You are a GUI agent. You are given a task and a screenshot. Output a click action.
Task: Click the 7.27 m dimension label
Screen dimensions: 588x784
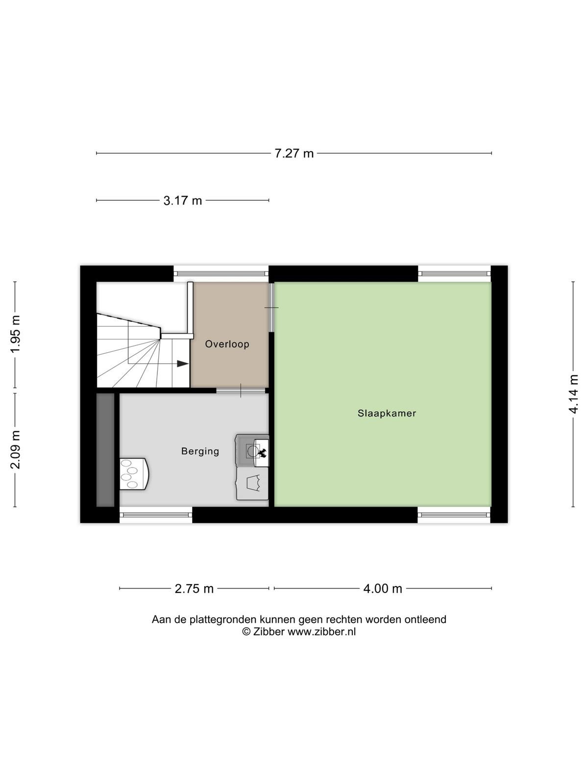[294, 153]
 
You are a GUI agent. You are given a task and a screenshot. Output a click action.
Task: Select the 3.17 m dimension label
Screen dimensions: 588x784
[182, 201]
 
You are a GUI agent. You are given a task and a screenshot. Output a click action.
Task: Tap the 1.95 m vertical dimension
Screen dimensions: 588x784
[15, 334]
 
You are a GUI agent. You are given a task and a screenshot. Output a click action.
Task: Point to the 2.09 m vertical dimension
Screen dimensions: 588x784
[15, 449]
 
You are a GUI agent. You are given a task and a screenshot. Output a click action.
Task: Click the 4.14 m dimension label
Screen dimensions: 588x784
[573, 394]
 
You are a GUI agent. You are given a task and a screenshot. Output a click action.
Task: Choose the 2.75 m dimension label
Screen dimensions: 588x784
[194, 588]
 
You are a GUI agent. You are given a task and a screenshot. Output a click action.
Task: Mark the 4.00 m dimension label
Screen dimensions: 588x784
[383, 588]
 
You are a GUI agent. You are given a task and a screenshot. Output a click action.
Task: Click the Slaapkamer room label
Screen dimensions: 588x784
[387, 413]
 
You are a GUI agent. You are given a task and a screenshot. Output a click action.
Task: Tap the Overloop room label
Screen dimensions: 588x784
[227, 344]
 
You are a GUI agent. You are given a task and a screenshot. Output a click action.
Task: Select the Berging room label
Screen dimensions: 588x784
[200, 451]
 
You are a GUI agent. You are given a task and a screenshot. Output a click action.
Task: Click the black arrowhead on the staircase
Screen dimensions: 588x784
[183, 364]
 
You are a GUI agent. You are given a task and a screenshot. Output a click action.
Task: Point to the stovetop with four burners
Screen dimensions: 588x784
[133, 474]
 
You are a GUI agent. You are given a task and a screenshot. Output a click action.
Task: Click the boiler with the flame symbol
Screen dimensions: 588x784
[252, 451]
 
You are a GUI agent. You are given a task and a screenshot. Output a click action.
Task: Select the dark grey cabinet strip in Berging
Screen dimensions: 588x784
[105, 450]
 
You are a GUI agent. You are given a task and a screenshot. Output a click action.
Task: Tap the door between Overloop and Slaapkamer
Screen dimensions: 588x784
[271, 308]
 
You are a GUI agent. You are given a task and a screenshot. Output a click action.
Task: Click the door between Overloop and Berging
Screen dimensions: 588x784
[242, 391]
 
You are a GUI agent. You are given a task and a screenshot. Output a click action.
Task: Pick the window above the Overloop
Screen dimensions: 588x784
[221, 273]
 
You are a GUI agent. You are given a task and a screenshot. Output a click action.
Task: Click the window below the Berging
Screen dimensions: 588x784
[156, 514]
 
